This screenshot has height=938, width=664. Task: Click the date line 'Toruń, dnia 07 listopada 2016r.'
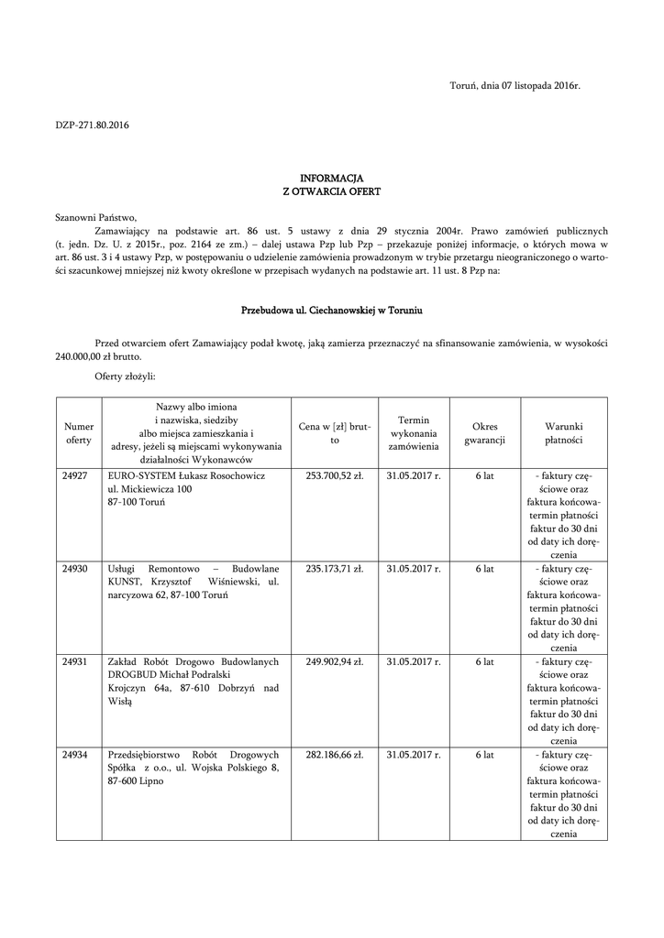click(x=515, y=85)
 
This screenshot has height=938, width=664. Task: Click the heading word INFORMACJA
click(x=331, y=177)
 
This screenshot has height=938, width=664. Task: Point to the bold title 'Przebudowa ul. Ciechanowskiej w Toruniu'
click(x=331, y=311)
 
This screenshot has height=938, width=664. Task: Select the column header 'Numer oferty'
click(x=80, y=433)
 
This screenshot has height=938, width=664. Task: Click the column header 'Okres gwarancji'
click(x=484, y=433)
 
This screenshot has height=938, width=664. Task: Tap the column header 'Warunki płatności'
click(x=564, y=433)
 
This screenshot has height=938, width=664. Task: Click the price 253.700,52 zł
click(x=334, y=477)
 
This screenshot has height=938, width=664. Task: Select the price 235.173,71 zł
click(x=334, y=569)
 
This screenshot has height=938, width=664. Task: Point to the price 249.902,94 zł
click(x=334, y=661)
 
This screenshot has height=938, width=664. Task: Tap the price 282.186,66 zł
click(x=334, y=755)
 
